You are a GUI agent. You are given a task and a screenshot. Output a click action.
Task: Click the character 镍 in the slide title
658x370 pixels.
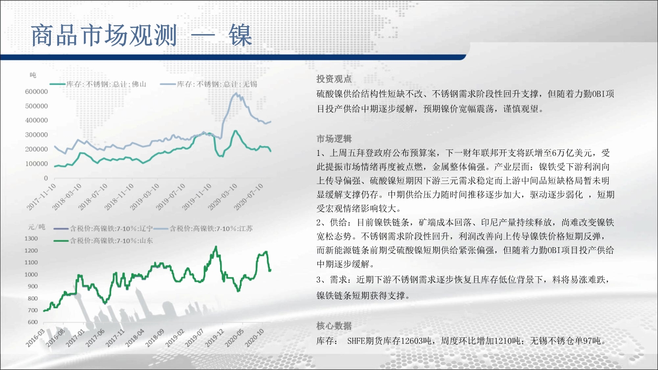240,36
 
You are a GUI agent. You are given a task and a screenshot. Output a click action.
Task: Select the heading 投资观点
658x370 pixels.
334,79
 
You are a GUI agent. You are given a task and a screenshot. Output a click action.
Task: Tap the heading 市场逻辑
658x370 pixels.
334,139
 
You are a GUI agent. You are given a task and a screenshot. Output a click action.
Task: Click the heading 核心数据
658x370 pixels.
334,326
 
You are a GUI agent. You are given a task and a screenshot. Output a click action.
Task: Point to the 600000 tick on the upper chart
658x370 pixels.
37,92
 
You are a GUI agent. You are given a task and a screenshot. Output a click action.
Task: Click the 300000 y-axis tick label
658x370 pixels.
37,135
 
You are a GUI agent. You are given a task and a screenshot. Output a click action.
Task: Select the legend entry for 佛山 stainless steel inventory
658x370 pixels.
98,84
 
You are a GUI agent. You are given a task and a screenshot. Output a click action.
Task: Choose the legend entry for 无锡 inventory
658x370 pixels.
209,84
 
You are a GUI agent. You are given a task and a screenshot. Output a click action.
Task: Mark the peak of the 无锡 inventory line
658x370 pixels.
236,93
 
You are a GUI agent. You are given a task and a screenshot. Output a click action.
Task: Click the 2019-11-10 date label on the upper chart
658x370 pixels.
196,197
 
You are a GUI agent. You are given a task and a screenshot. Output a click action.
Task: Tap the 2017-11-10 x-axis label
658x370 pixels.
41,197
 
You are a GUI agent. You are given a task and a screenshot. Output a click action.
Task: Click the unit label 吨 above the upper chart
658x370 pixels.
33,75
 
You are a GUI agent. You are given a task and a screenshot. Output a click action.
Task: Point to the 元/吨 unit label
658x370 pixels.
37,227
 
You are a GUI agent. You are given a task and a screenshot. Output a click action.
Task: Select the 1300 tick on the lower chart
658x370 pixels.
31,238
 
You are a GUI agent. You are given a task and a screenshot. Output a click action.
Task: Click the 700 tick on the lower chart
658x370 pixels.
33,310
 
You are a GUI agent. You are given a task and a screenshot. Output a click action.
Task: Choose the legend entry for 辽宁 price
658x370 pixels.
103,228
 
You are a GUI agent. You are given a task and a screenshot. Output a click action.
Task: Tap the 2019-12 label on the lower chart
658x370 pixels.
215,338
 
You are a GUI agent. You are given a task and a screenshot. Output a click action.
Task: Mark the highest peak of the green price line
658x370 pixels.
216,246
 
